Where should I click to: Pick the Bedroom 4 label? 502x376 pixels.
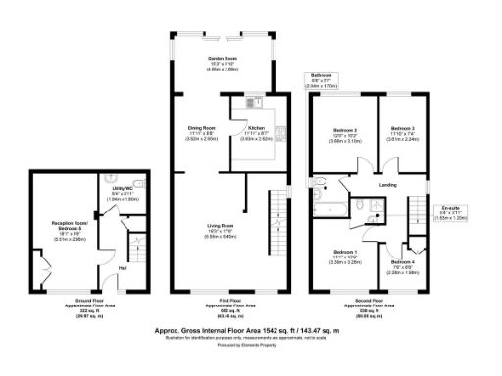[x=403, y=262]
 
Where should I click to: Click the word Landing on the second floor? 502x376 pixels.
[x=388, y=185]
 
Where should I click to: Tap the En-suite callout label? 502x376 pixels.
[x=450, y=209]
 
